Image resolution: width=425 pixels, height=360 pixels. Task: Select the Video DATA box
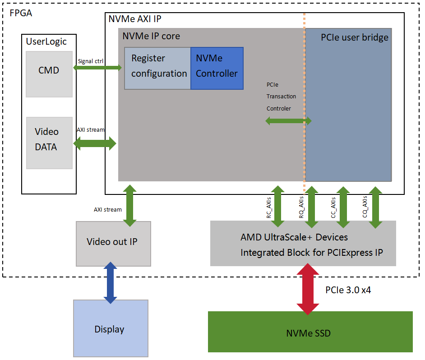pos(49,143)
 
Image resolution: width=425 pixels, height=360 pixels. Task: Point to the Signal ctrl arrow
pos(97,68)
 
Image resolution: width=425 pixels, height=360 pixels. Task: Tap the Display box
pos(110,329)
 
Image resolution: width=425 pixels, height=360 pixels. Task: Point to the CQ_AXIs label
pos(365,207)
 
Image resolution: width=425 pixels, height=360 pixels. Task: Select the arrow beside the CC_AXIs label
pos(343,207)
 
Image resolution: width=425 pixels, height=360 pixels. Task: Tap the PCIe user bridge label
pos(355,37)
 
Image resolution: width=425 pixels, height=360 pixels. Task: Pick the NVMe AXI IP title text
pos(134,19)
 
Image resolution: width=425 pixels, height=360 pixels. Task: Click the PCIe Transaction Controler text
pos(281,96)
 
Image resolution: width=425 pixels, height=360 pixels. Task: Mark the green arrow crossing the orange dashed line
pos(289,120)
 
